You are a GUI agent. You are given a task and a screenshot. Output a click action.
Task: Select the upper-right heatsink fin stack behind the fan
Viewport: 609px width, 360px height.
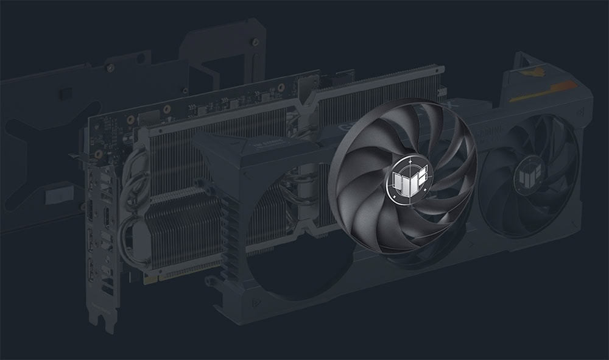(x=378, y=91)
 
